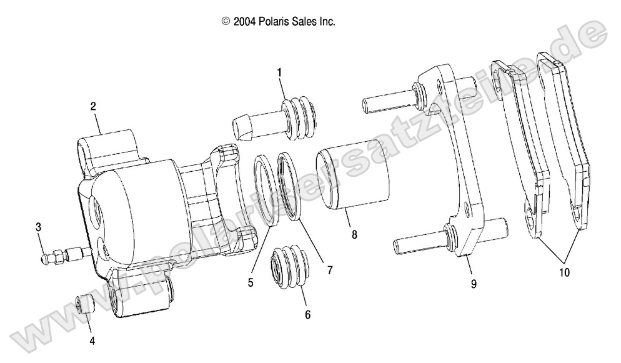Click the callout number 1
pos(279,72)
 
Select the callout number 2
pos(93,106)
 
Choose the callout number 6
pos(307,316)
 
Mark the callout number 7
pos(329,271)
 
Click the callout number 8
pos(354,236)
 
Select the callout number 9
pos(474,284)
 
